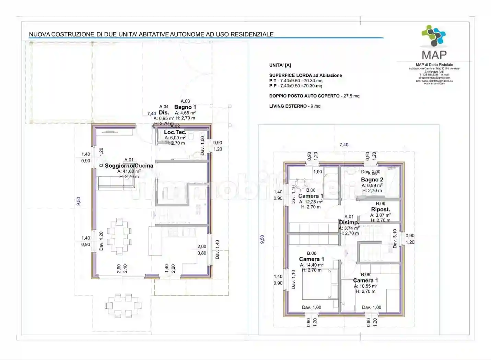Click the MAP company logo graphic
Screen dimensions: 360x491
pos(434,36)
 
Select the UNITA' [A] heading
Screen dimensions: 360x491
pos(280,65)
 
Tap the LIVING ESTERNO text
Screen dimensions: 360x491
pos(288,106)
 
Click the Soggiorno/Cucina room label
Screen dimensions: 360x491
pos(129,166)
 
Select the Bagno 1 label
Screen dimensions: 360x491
pos(185,107)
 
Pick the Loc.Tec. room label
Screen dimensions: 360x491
pos(175,132)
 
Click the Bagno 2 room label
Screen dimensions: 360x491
pos(372,180)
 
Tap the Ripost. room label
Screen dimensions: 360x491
pos(381,209)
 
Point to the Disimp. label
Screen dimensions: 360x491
pos(349,222)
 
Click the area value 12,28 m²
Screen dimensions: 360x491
pos(311,202)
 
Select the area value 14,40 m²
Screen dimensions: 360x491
pos(312,265)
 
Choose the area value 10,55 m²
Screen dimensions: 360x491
pos(366,286)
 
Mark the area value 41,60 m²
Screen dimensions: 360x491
pos(129,171)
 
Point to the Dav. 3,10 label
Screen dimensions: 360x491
pos(395,239)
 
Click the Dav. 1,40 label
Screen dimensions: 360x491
pos(217,250)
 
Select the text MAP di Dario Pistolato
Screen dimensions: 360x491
pos(434,65)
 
